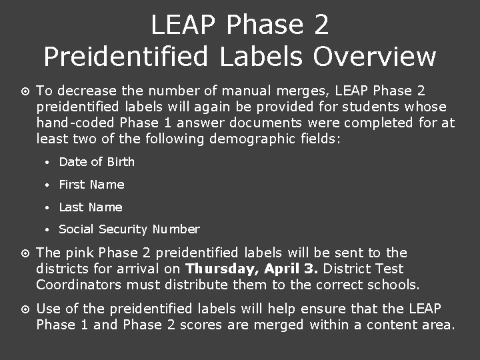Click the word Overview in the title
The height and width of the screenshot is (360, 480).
375,57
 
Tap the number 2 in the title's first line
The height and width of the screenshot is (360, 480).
319,25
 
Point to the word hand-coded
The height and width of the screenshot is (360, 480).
75,123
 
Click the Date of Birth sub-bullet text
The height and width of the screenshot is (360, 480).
97,162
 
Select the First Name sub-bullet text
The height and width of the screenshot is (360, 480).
91,185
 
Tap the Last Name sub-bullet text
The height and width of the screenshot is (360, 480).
91,207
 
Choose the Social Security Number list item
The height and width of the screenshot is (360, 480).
129,229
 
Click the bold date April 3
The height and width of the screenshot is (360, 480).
291,269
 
